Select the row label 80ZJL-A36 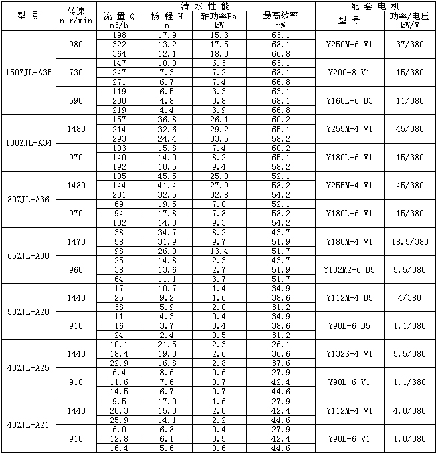click(x=28, y=199)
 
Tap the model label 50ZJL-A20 click(x=28, y=311)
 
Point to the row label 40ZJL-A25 click(x=28, y=367)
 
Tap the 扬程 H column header click(x=171, y=20)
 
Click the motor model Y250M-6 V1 click(x=350, y=44)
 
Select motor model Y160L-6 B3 click(x=350, y=100)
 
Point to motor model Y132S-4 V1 click(x=350, y=353)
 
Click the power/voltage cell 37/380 click(x=408, y=44)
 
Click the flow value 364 click(x=120, y=53)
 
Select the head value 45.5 click(x=171, y=176)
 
